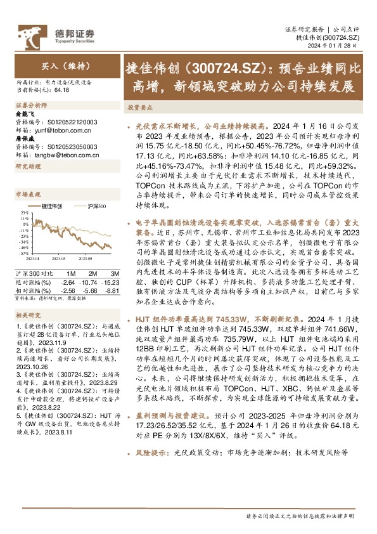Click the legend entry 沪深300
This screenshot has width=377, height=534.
click(x=96, y=207)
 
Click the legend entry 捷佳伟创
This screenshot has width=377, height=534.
click(x=52, y=207)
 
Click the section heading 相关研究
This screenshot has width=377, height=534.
click(x=28, y=315)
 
